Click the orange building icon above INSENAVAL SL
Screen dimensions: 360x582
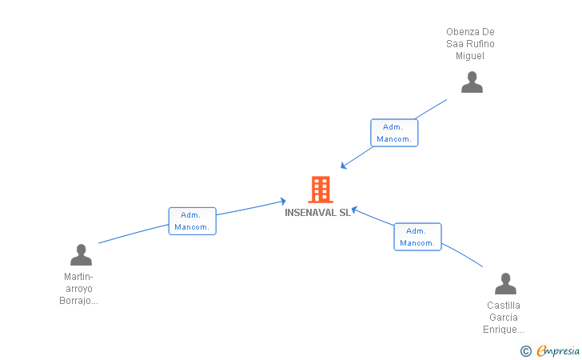click(x=320, y=190)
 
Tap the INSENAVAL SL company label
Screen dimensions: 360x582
click(x=317, y=213)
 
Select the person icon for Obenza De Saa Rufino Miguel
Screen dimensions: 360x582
click(x=472, y=82)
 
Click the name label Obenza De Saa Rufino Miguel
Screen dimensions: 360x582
click(x=470, y=44)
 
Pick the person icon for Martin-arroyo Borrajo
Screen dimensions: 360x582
click(x=81, y=255)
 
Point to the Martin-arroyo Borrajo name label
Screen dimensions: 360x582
click(x=78, y=289)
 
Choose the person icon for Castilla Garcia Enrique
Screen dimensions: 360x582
click(x=505, y=284)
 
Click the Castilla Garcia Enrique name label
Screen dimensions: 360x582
click(x=503, y=318)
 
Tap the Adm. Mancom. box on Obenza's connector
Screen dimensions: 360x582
click(x=394, y=133)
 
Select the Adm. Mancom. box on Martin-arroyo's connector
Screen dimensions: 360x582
click(x=192, y=221)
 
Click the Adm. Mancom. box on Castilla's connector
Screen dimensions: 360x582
click(x=417, y=237)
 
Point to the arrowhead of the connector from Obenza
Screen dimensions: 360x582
click(x=343, y=166)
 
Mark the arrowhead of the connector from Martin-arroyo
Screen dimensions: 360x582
click(x=282, y=201)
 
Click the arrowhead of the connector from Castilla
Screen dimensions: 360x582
click(x=355, y=210)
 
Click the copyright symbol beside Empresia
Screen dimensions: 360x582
click(x=525, y=350)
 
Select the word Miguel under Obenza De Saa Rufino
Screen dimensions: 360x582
click(x=470, y=56)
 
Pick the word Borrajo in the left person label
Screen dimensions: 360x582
click(x=78, y=301)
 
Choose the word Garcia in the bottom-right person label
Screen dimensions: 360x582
click(x=503, y=318)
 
